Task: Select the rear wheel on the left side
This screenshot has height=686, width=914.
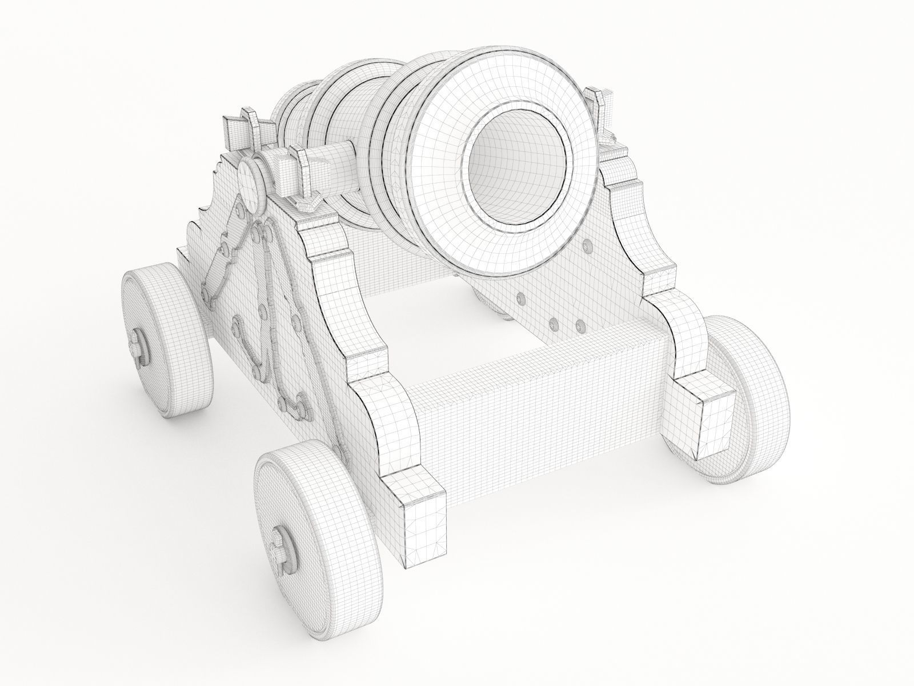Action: [166, 337]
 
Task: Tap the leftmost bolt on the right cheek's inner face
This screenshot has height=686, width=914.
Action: [519, 298]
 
